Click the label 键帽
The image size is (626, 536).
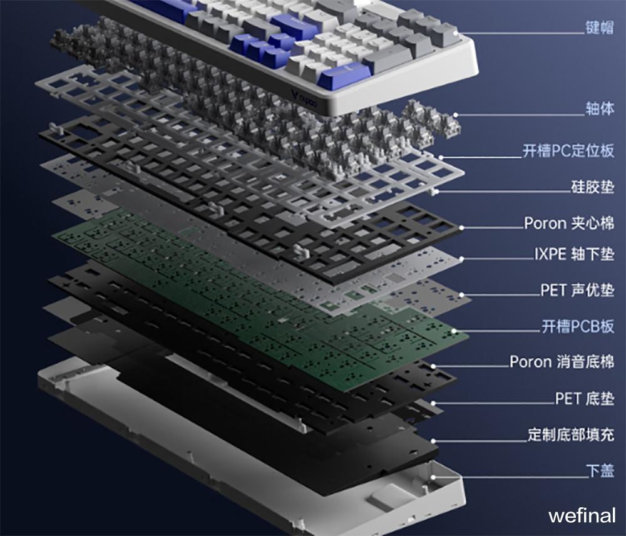[599, 28]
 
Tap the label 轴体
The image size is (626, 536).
[600, 108]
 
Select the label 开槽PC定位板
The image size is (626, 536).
[568, 150]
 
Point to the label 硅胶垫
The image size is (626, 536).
[592, 187]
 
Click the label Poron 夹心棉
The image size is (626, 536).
[569, 223]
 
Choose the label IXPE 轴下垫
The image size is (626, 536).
[574, 254]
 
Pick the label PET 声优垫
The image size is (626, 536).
[577, 290]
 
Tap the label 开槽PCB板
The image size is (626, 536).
[578, 326]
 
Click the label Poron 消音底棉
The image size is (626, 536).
[562, 361]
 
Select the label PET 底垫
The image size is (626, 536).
[585, 398]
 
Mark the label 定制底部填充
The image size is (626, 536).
[571, 435]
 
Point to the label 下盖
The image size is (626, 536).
[600, 471]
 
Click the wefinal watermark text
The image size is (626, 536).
[582, 515]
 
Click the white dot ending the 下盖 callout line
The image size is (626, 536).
[433, 477]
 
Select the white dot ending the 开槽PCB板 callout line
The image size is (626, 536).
[454, 331]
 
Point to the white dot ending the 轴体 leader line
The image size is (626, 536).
[456, 115]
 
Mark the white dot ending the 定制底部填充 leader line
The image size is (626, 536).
[433, 441]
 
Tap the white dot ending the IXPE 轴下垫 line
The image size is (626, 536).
[461, 259]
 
